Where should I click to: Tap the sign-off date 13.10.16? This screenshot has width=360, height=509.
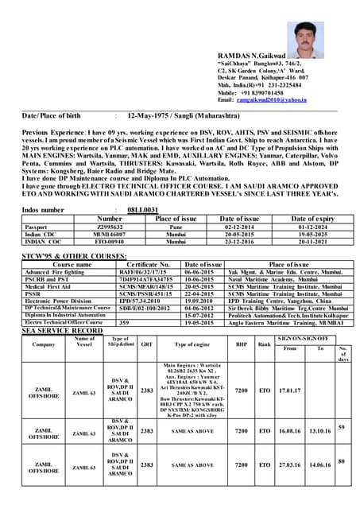(x=319, y=430)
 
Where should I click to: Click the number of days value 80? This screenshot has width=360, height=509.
(x=342, y=460)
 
